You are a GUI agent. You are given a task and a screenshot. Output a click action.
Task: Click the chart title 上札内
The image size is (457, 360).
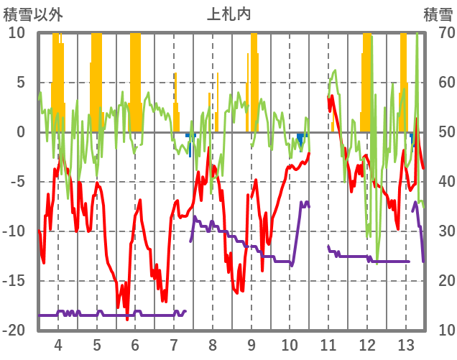tap(229, 14)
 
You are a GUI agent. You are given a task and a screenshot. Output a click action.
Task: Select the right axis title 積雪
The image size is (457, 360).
tap(438, 14)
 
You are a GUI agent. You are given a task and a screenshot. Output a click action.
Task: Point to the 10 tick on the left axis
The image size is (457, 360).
tap(17, 33)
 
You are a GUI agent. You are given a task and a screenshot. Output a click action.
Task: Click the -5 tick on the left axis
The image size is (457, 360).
tap(17, 182)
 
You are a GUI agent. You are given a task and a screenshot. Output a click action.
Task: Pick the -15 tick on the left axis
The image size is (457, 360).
tap(14, 281)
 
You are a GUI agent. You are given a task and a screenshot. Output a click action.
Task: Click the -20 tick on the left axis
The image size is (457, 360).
tap(14, 331)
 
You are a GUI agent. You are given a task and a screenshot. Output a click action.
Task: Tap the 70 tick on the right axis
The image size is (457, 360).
tap(438, 33)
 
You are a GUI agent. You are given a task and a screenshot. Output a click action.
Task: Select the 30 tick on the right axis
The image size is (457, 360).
tap(438, 231)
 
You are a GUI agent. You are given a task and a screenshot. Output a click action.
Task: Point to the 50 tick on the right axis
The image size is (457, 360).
tap(438, 132)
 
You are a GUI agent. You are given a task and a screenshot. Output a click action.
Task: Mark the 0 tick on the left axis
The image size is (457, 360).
tap(20, 132)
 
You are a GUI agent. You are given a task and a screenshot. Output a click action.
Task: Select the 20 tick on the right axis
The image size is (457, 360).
tap(438, 281)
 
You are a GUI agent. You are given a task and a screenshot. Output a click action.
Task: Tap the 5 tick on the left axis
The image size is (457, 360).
tap(20, 83)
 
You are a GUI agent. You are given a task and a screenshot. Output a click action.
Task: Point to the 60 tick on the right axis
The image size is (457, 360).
tap(438, 83)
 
